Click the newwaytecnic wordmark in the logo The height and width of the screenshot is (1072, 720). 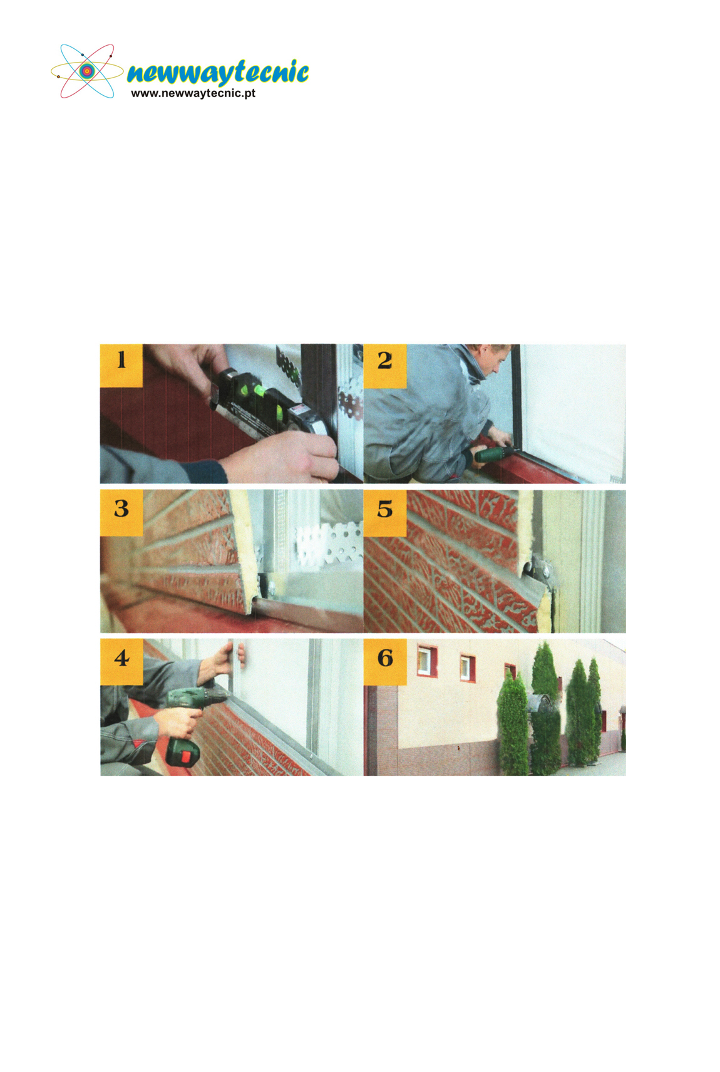coord(218,73)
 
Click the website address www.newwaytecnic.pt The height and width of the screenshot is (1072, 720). coord(193,93)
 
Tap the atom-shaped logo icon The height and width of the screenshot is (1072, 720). coord(86,71)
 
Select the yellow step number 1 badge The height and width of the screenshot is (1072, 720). coord(121,365)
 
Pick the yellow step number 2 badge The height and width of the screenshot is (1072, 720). coord(385,365)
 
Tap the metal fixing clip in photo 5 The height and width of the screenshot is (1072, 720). coord(539,569)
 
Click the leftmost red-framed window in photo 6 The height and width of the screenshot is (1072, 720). coord(426,661)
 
